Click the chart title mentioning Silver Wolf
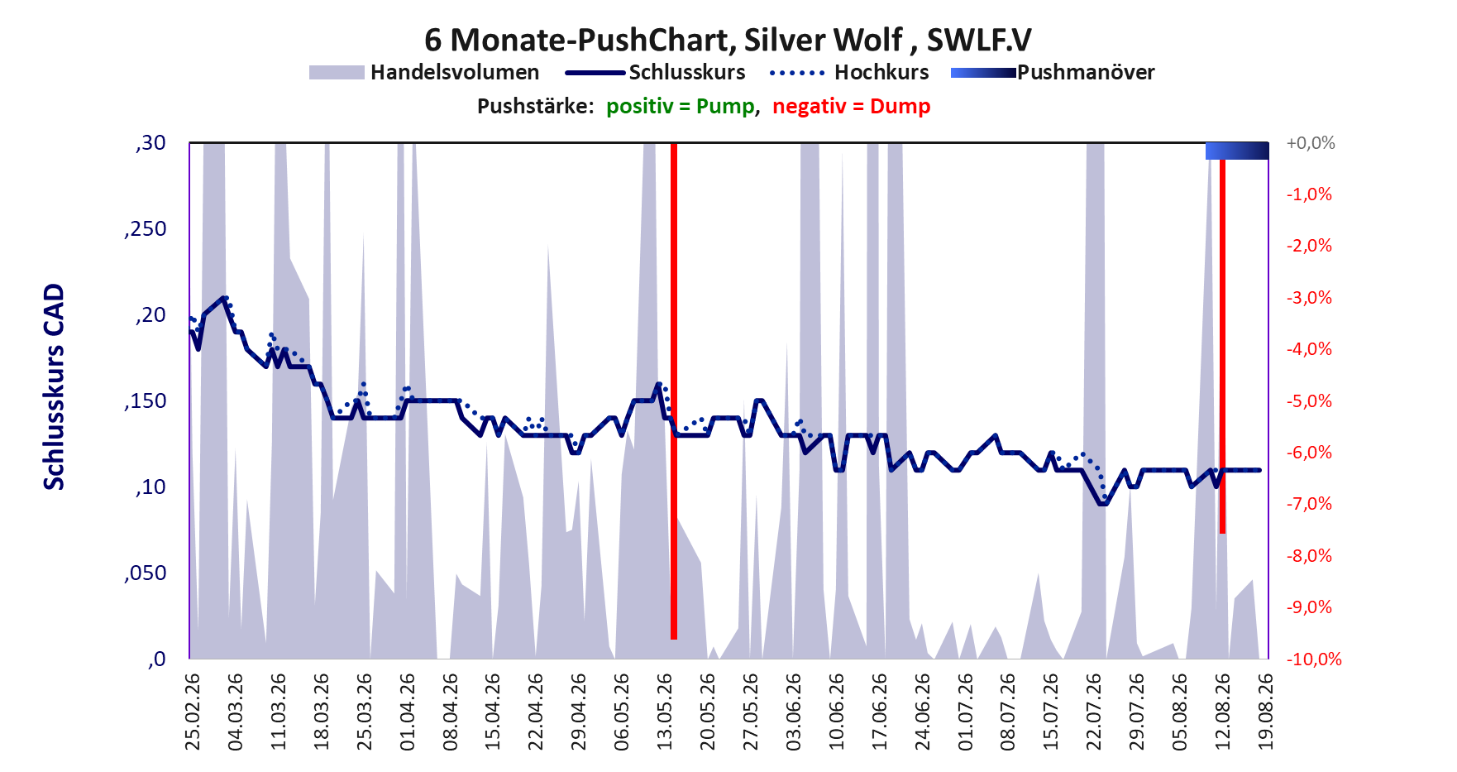728,39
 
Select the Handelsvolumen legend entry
424,73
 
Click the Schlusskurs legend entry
655,73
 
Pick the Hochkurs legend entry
849,73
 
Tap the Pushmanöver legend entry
1053,73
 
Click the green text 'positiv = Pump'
681,107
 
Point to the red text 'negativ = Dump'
852,107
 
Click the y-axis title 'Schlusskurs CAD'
54,387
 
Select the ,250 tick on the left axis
146,229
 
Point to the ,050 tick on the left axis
146,573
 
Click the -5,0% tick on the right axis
1310,401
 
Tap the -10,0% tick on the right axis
1314,659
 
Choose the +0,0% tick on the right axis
1311,143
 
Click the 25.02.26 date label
192,712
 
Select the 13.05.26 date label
665,712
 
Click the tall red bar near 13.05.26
674,391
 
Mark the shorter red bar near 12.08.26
1222,346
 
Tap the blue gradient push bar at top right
1237,151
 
